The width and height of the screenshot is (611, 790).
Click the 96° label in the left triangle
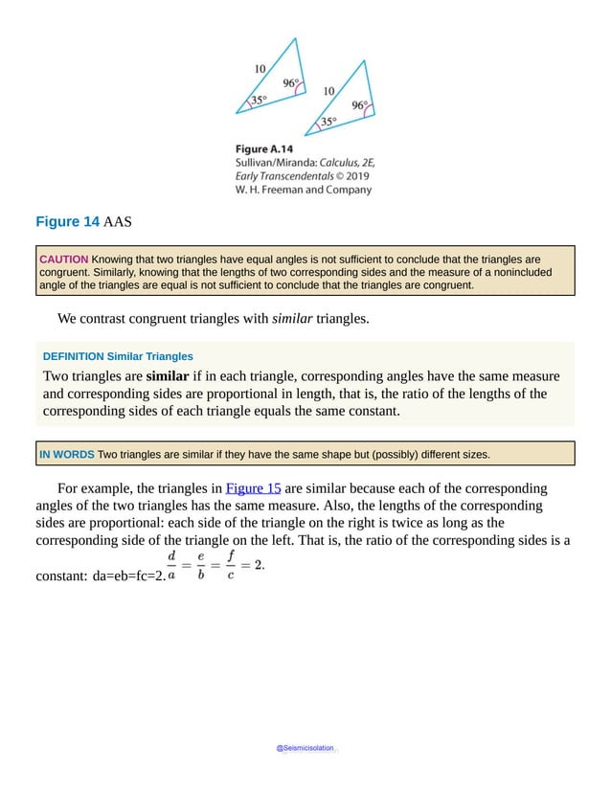[290, 83]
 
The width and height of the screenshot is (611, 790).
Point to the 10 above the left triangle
[260, 68]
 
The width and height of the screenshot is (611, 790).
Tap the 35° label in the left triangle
[259, 100]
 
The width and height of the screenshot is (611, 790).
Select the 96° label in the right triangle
[359, 105]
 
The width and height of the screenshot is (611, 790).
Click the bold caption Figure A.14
[264, 148]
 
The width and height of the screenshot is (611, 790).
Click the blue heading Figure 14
[67, 222]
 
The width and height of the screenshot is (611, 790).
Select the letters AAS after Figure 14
[118, 222]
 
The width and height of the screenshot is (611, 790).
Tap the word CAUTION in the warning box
[63, 260]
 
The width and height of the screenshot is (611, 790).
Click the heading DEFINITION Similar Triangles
[118, 356]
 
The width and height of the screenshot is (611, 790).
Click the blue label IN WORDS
[66, 454]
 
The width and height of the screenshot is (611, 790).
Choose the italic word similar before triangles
[292, 318]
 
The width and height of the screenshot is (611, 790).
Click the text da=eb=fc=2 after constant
[126, 576]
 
